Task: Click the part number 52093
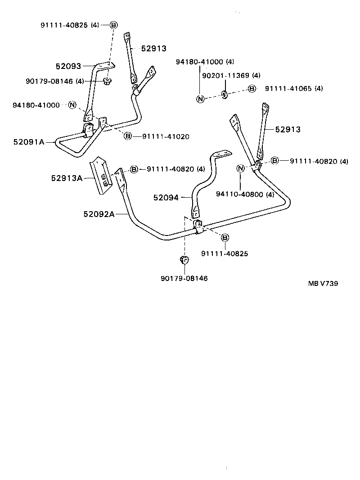(x=68, y=66)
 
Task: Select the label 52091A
(x=29, y=142)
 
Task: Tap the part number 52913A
(x=67, y=178)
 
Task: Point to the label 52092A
(x=99, y=214)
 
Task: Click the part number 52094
(x=166, y=197)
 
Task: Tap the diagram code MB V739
(x=323, y=284)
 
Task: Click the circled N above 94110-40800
(x=241, y=168)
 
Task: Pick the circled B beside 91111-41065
(x=252, y=89)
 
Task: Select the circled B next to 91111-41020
(x=128, y=136)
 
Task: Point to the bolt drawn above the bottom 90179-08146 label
(x=184, y=260)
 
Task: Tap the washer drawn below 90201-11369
(x=224, y=95)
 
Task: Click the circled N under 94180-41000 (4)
(x=200, y=99)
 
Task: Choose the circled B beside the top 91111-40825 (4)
(x=113, y=25)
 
